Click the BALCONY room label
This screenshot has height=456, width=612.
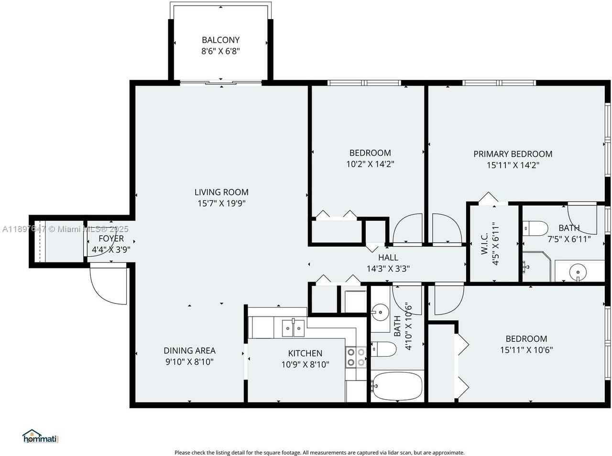click(x=220, y=40)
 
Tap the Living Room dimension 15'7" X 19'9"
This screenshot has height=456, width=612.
click(x=221, y=203)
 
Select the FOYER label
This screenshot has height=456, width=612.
click(x=111, y=239)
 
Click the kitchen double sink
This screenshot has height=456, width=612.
click(x=293, y=326)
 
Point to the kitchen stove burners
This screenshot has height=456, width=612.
click(x=356, y=357)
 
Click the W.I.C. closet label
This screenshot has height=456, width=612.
click(x=484, y=243)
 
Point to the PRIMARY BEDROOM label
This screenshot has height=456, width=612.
click(x=513, y=154)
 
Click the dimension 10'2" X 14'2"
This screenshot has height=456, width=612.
click(x=370, y=164)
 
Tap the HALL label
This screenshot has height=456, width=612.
click(x=388, y=258)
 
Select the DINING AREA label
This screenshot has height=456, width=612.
click(x=189, y=350)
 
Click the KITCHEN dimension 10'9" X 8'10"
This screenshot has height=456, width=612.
click(x=305, y=364)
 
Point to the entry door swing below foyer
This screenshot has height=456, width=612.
click(x=108, y=285)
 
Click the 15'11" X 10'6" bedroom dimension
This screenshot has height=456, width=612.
click(x=526, y=349)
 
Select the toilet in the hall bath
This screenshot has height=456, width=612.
click(x=384, y=349)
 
